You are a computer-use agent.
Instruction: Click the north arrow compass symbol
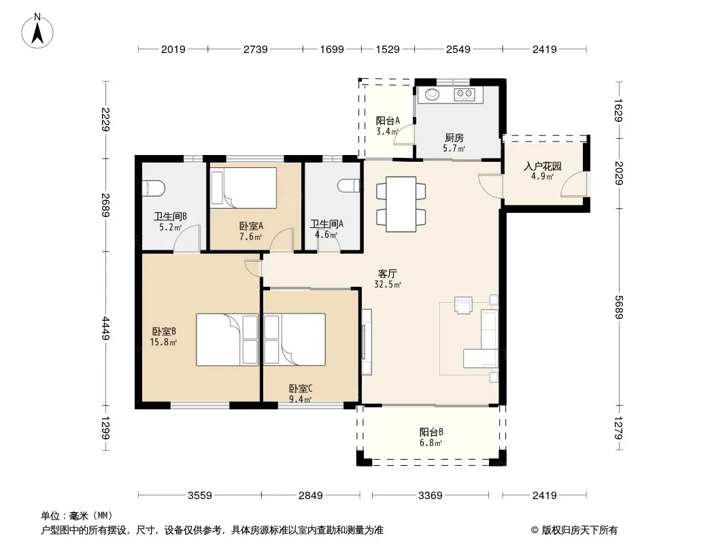[x=37, y=31]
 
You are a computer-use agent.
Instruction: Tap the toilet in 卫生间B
[x=154, y=188]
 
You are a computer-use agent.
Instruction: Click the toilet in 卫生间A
[x=349, y=186]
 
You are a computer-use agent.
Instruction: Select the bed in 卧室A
[x=243, y=188]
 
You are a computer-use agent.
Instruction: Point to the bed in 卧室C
[x=294, y=340]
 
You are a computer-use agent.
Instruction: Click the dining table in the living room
[x=401, y=204]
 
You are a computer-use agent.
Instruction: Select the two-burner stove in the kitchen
[x=465, y=95]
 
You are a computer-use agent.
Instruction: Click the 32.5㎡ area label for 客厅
[x=388, y=285]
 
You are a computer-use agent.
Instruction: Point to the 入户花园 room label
[x=542, y=166]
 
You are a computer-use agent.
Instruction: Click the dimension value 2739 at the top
[x=255, y=49]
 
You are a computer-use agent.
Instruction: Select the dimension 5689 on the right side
[x=620, y=307]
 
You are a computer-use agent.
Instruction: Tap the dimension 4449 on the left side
[x=106, y=328]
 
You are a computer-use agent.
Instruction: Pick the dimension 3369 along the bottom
[x=430, y=496]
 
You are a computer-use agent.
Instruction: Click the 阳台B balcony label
[x=431, y=432]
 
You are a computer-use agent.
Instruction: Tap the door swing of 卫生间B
[x=187, y=239]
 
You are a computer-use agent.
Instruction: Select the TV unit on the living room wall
[x=366, y=341]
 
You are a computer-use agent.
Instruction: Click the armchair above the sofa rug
[x=463, y=305]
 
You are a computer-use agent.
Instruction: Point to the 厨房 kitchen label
[x=454, y=138]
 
